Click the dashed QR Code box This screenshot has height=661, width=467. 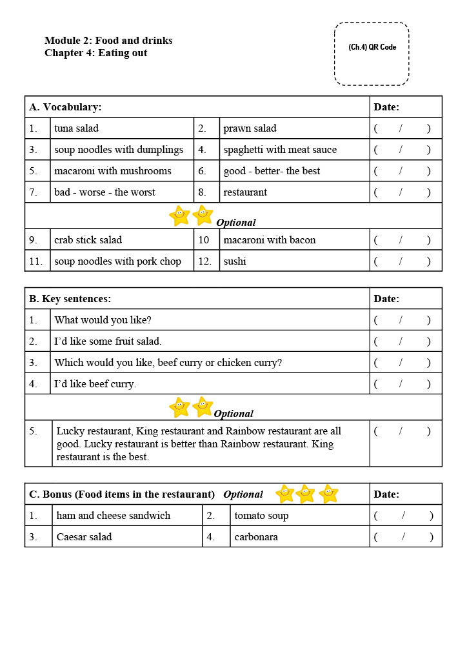pos(372,54)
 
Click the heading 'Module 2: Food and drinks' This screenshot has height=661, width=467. pos(108,41)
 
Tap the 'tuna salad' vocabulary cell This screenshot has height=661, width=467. pos(77,128)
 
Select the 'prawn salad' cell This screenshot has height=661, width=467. pos(250,128)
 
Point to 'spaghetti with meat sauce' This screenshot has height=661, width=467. pos(280,150)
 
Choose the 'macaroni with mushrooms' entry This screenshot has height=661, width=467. pos(113,171)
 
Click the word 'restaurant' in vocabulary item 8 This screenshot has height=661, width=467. pos(245,192)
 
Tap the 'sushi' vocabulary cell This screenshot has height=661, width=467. pos(235,261)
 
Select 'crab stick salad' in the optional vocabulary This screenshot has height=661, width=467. pos(88,240)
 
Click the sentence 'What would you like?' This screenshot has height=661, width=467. pos(103,320)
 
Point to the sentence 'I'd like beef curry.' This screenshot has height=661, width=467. pos(95,384)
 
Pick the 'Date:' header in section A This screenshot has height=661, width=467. pos(386,107)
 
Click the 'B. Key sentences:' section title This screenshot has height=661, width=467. pos(70,299)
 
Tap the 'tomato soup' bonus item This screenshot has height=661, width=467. pos(261,516)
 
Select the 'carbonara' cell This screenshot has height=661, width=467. pos(256,537)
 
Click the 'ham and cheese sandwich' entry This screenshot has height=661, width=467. pos(114,516)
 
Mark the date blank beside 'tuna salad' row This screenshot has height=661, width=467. pos(402,128)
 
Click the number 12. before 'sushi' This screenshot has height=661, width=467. pos(206,261)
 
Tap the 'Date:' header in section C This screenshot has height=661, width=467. pos(386,494)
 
